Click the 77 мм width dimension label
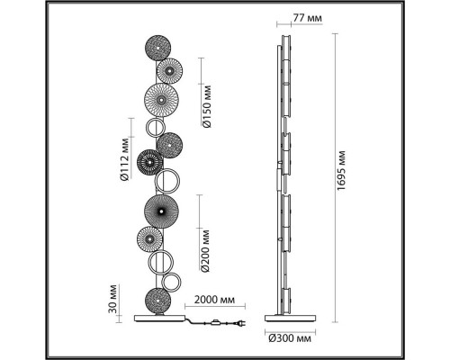[307, 18]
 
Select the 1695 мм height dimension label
[341, 170]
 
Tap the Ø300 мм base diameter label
[290, 339]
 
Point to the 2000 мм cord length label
[214, 300]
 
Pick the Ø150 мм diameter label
[207, 106]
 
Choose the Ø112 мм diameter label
[124, 159]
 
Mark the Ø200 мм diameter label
[205, 251]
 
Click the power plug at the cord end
[241, 324]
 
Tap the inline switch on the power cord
[215, 323]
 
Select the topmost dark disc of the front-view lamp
[157, 48]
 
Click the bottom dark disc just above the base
[157, 301]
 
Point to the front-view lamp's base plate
[159, 318]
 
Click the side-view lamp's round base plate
[290, 318]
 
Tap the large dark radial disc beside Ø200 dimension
[161, 211]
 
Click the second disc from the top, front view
[169, 71]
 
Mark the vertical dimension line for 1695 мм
[335, 178]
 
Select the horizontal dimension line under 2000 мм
[215, 306]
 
